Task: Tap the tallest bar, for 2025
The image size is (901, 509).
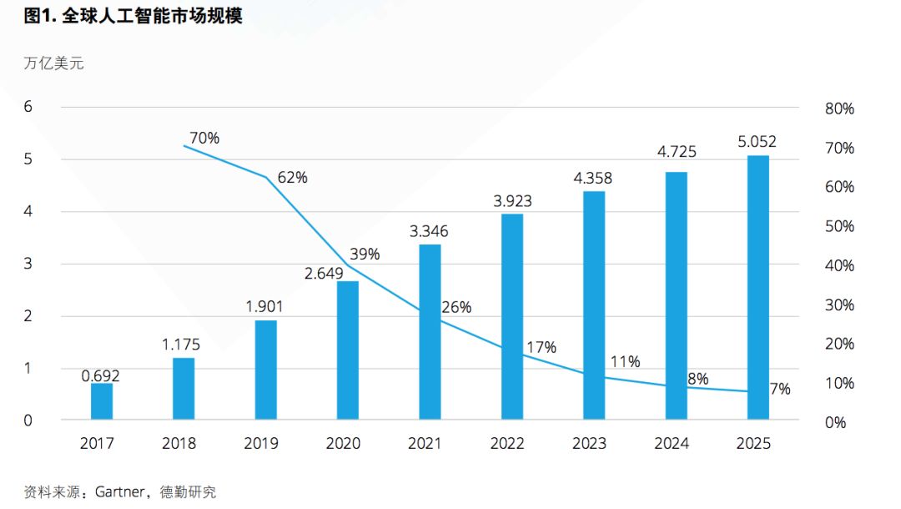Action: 758,287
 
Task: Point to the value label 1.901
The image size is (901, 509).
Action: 265,306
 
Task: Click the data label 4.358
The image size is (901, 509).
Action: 593,178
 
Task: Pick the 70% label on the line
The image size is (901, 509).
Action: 204,138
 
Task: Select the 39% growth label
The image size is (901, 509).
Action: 364,254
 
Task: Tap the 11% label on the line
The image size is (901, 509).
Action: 625,361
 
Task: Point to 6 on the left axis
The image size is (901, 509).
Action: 28,107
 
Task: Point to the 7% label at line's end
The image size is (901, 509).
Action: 780,388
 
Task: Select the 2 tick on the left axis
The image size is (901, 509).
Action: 28,316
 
